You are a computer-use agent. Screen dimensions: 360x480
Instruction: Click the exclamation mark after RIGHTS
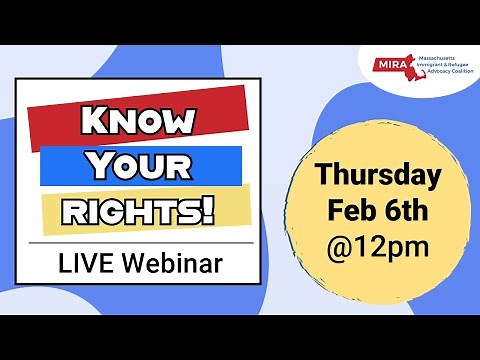tap(210, 209)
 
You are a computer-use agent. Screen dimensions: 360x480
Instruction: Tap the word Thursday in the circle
tap(378, 176)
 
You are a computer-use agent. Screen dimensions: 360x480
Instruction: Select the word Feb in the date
tap(350, 211)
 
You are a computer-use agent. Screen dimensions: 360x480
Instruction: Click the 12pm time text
tap(391, 245)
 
